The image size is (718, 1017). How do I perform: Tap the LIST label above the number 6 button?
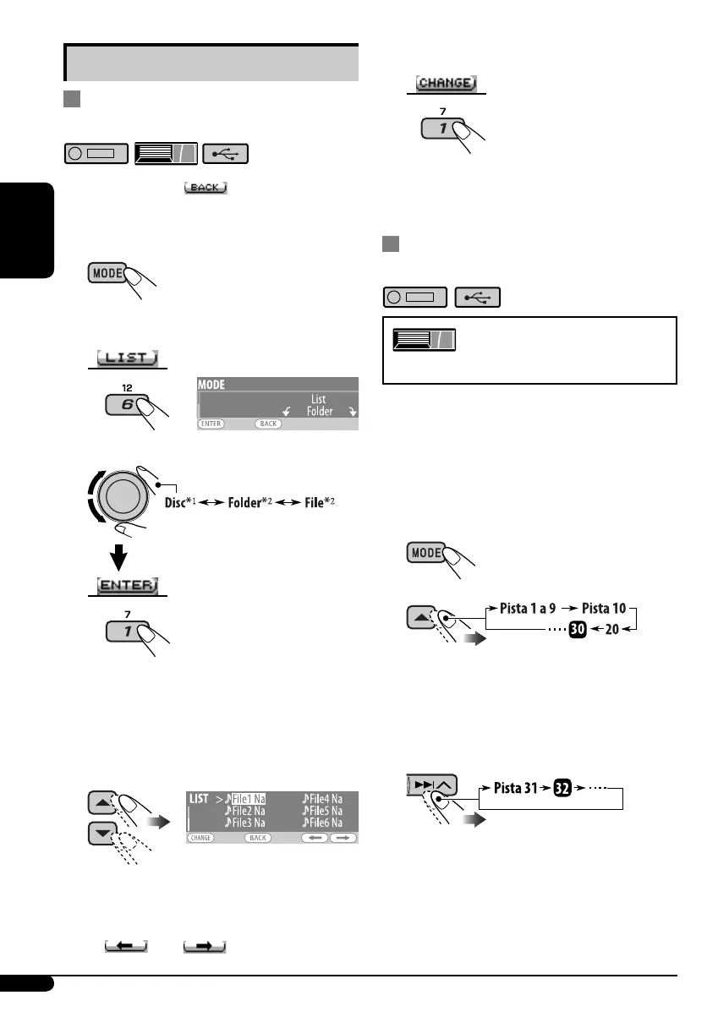127,359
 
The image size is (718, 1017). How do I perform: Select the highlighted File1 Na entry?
249,799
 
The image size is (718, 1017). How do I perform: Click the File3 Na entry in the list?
249,823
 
